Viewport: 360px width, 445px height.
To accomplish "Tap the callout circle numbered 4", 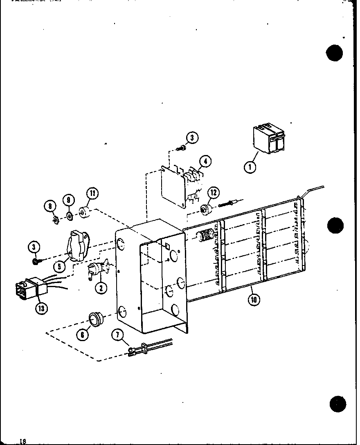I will [206, 162].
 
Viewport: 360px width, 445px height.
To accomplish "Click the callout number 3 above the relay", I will [192, 138].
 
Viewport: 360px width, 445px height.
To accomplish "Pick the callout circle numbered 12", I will [214, 193].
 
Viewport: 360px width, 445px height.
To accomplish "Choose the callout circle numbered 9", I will [69, 201].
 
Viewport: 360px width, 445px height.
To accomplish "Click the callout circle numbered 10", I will [254, 299].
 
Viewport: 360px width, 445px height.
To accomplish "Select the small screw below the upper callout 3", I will [180, 147].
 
